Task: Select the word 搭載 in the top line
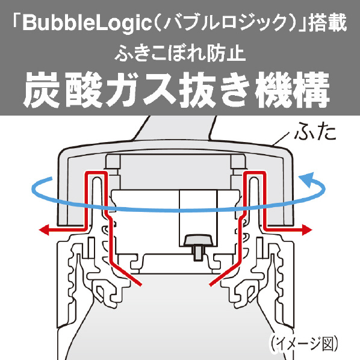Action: [x=327, y=23]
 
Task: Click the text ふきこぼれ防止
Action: [x=180, y=54]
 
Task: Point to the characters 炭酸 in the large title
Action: [x=61, y=90]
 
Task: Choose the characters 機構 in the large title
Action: [x=293, y=90]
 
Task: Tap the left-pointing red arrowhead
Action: [x=45, y=229]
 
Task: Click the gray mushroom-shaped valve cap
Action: [x=199, y=240]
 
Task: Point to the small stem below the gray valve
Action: [x=199, y=253]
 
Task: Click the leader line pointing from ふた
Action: [x=281, y=139]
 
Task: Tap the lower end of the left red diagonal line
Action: [x=140, y=285]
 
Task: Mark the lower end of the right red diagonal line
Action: [x=211, y=285]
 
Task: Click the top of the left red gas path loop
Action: [x=96, y=172]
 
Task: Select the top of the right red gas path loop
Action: [x=255, y=172]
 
